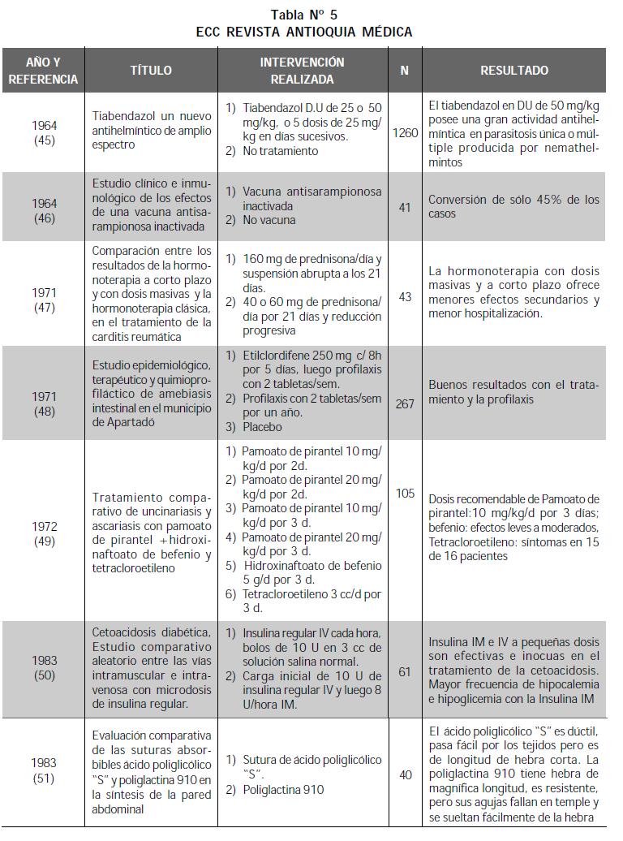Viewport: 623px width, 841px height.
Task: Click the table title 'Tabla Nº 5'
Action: pyautogui.click(x=304, y=14)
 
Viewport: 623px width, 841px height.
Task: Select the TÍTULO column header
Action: pyautogui.click(x=151, y=71)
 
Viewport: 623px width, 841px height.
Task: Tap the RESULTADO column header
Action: pyautogui.click(x=513, y=71)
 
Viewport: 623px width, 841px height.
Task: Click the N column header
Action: pyautogui.click(x=404, y=71)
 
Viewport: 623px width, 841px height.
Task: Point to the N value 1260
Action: pyautogui.click(x=405, y=132)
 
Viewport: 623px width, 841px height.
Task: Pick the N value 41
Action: pyautogui.click(x=405, y=207)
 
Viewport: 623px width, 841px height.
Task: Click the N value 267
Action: pyautogui.click(x=405, y=403)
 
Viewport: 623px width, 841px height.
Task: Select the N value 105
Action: pyautogui.click(x=405, y=493)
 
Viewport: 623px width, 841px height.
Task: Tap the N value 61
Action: pyautogui.click(x=405, y=671)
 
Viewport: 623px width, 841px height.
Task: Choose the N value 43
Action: pyautogui.click(x=405, y=297)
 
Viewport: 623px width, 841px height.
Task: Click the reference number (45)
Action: pyautogui.click(x=44, y=140)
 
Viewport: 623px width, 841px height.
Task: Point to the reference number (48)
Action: pyautogui.click(x=44, y=412)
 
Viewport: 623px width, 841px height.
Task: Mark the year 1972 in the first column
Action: pyautogui.click(x=44, y=527)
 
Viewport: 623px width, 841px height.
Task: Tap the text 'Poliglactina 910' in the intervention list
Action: pyautogui.click(x=283, y=789)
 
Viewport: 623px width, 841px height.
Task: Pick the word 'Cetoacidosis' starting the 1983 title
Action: pyautogui.click(x=127, y=632)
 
